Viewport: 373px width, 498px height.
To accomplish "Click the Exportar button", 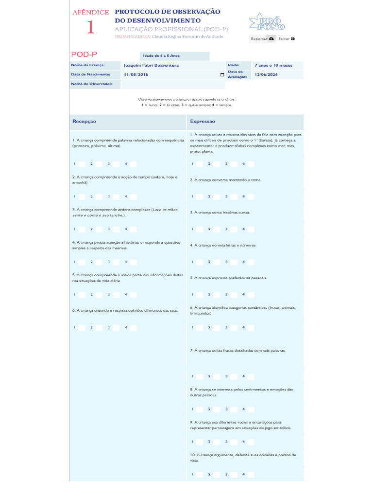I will (x=262, y=38).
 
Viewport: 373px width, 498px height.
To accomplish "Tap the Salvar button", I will (x=287, y=38).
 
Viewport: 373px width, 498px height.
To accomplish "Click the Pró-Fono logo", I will (x=267, y=22).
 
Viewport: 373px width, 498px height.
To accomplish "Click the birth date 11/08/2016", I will (x=136, y=74).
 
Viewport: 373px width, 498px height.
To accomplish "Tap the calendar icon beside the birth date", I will (x=222, y=75).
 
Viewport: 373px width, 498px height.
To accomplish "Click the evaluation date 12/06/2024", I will (x=266, y=74).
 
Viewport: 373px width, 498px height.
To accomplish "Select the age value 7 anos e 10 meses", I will (x=273, y=65).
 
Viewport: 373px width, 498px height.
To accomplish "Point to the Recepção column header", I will (x=84, y=122).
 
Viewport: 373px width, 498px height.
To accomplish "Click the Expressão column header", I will (x=203, y=122).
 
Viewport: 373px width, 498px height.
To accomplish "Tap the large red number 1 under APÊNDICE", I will (x=90, y=28).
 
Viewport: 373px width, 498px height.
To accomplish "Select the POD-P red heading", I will (x=84, y=54).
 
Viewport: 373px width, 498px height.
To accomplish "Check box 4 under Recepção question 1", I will (x=133, y=164).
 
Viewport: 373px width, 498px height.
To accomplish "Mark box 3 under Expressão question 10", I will (x=234, y=474).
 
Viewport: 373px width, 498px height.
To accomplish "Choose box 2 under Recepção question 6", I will (x=99, y=327).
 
